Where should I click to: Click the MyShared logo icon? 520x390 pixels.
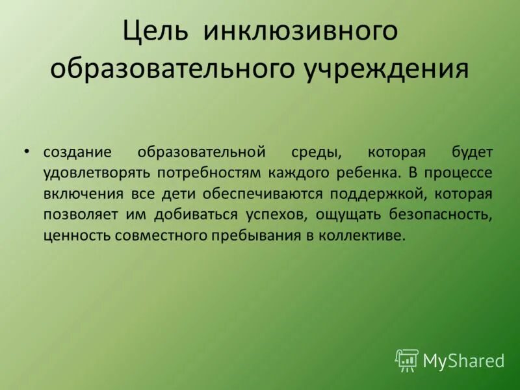pos(407,360)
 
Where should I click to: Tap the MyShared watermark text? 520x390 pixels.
pos(463,361)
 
